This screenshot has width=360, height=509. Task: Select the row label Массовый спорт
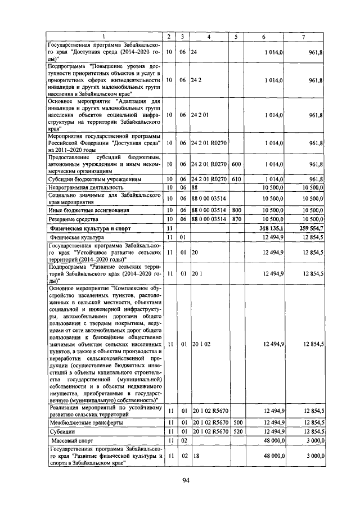[70, 440]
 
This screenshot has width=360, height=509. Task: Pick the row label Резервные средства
[74, 219]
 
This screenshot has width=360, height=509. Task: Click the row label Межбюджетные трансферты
[86, 422]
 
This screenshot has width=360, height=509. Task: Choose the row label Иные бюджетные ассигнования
[89, 210]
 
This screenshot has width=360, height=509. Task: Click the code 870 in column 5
[236, 219]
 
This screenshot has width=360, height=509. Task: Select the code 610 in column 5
[236, 178]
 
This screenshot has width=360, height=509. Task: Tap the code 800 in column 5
[236, 210]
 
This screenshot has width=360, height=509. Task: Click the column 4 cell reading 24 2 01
[201, 115]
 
